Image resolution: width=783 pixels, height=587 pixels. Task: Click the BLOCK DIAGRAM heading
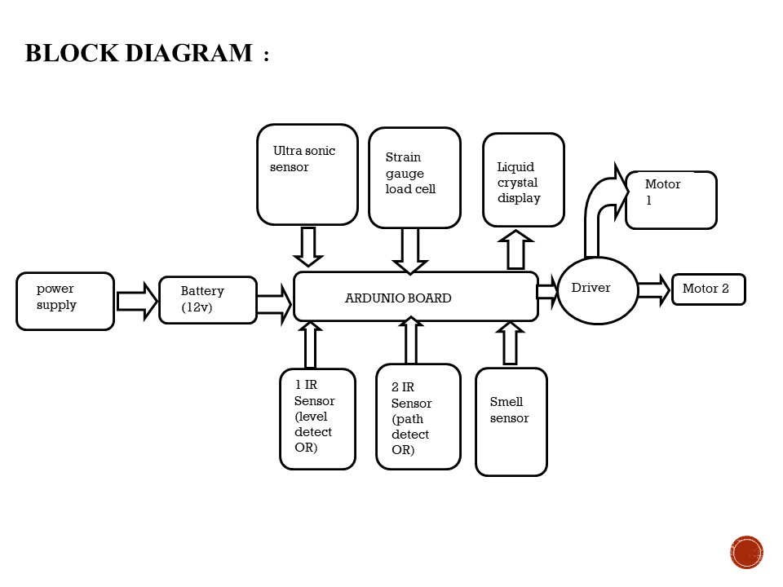tap(139, 54)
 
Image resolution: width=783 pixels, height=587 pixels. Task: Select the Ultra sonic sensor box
tap(307, 174)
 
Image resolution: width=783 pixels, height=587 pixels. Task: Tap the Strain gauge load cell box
tap(414, 178)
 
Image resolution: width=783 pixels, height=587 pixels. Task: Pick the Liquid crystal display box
tap(523, 180)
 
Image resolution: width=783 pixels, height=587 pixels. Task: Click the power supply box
tap(65, 301)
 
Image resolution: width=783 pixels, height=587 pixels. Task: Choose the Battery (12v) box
tap(208, 300)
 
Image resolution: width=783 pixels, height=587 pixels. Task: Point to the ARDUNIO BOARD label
tap(398, 298)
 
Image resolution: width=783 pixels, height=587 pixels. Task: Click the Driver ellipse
tap(597, 290)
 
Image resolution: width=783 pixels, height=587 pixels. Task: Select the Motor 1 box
tap(670, 200)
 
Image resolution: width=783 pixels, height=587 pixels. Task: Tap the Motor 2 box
tap(708, 289)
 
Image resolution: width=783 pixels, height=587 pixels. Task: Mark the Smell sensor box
tap(511, 421)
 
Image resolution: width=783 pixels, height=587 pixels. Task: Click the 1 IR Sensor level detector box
tap(317, 419)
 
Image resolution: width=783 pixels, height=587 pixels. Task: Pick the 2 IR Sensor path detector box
tap(418, 417)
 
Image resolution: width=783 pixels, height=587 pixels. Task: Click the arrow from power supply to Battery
tap(136, 301)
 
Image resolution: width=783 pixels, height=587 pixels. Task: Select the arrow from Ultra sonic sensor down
tap(307, 246)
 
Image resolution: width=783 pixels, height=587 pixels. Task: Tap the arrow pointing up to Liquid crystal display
tap(515, 250)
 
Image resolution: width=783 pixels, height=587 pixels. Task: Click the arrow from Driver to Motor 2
tap(653, 289)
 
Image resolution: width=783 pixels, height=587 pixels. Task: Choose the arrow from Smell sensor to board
tap(510, 343)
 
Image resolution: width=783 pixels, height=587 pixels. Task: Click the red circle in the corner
tap(746, 552)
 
